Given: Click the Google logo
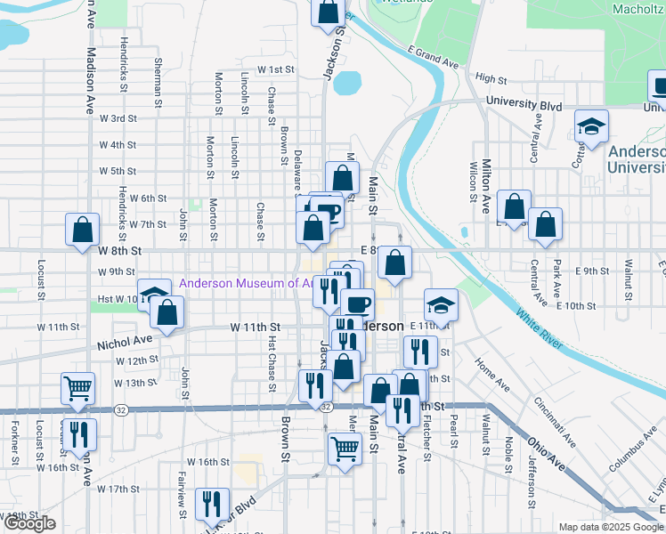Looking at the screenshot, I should [29, 523].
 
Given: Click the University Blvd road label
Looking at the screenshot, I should [524, 105].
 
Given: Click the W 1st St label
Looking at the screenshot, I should [276, 69].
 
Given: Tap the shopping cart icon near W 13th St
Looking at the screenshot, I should [78, 388].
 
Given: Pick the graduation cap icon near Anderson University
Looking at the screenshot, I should [590, 127].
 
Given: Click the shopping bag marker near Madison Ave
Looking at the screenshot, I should [83, 230].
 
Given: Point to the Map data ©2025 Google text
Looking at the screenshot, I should [610, 527].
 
